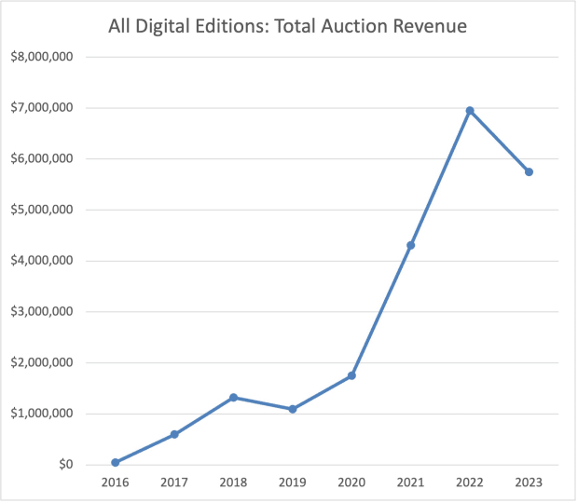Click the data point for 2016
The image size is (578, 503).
tap(115, 462)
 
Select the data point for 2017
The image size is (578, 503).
tap(174, 434)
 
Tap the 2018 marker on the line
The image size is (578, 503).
tap(233, 398)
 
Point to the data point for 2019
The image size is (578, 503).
tap(293, 409)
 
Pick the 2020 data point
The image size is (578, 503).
tap(351, 375)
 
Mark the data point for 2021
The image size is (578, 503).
tap(410, 245)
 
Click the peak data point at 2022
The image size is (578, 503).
tap(470, 110)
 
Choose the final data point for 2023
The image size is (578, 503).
tap(529, 171)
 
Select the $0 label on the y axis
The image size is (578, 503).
tap(64, 465)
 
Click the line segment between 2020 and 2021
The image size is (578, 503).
tap(381, 310)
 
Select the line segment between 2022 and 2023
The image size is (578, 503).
tap(500, 141)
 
